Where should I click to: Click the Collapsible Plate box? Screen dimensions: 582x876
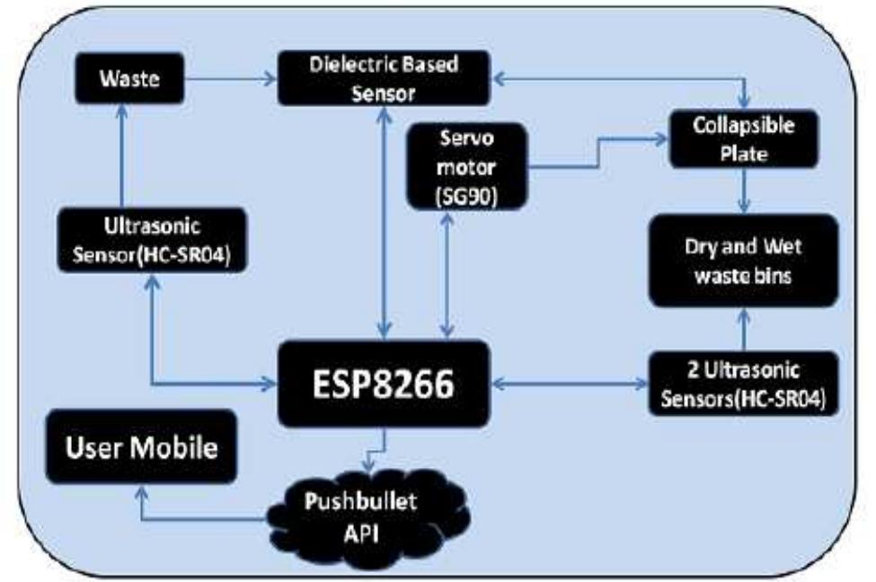tap(743, 138)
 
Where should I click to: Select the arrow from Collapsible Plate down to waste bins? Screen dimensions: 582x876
tap(743, 190)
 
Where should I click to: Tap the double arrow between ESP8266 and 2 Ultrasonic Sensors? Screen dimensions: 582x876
tap(566, 384)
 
